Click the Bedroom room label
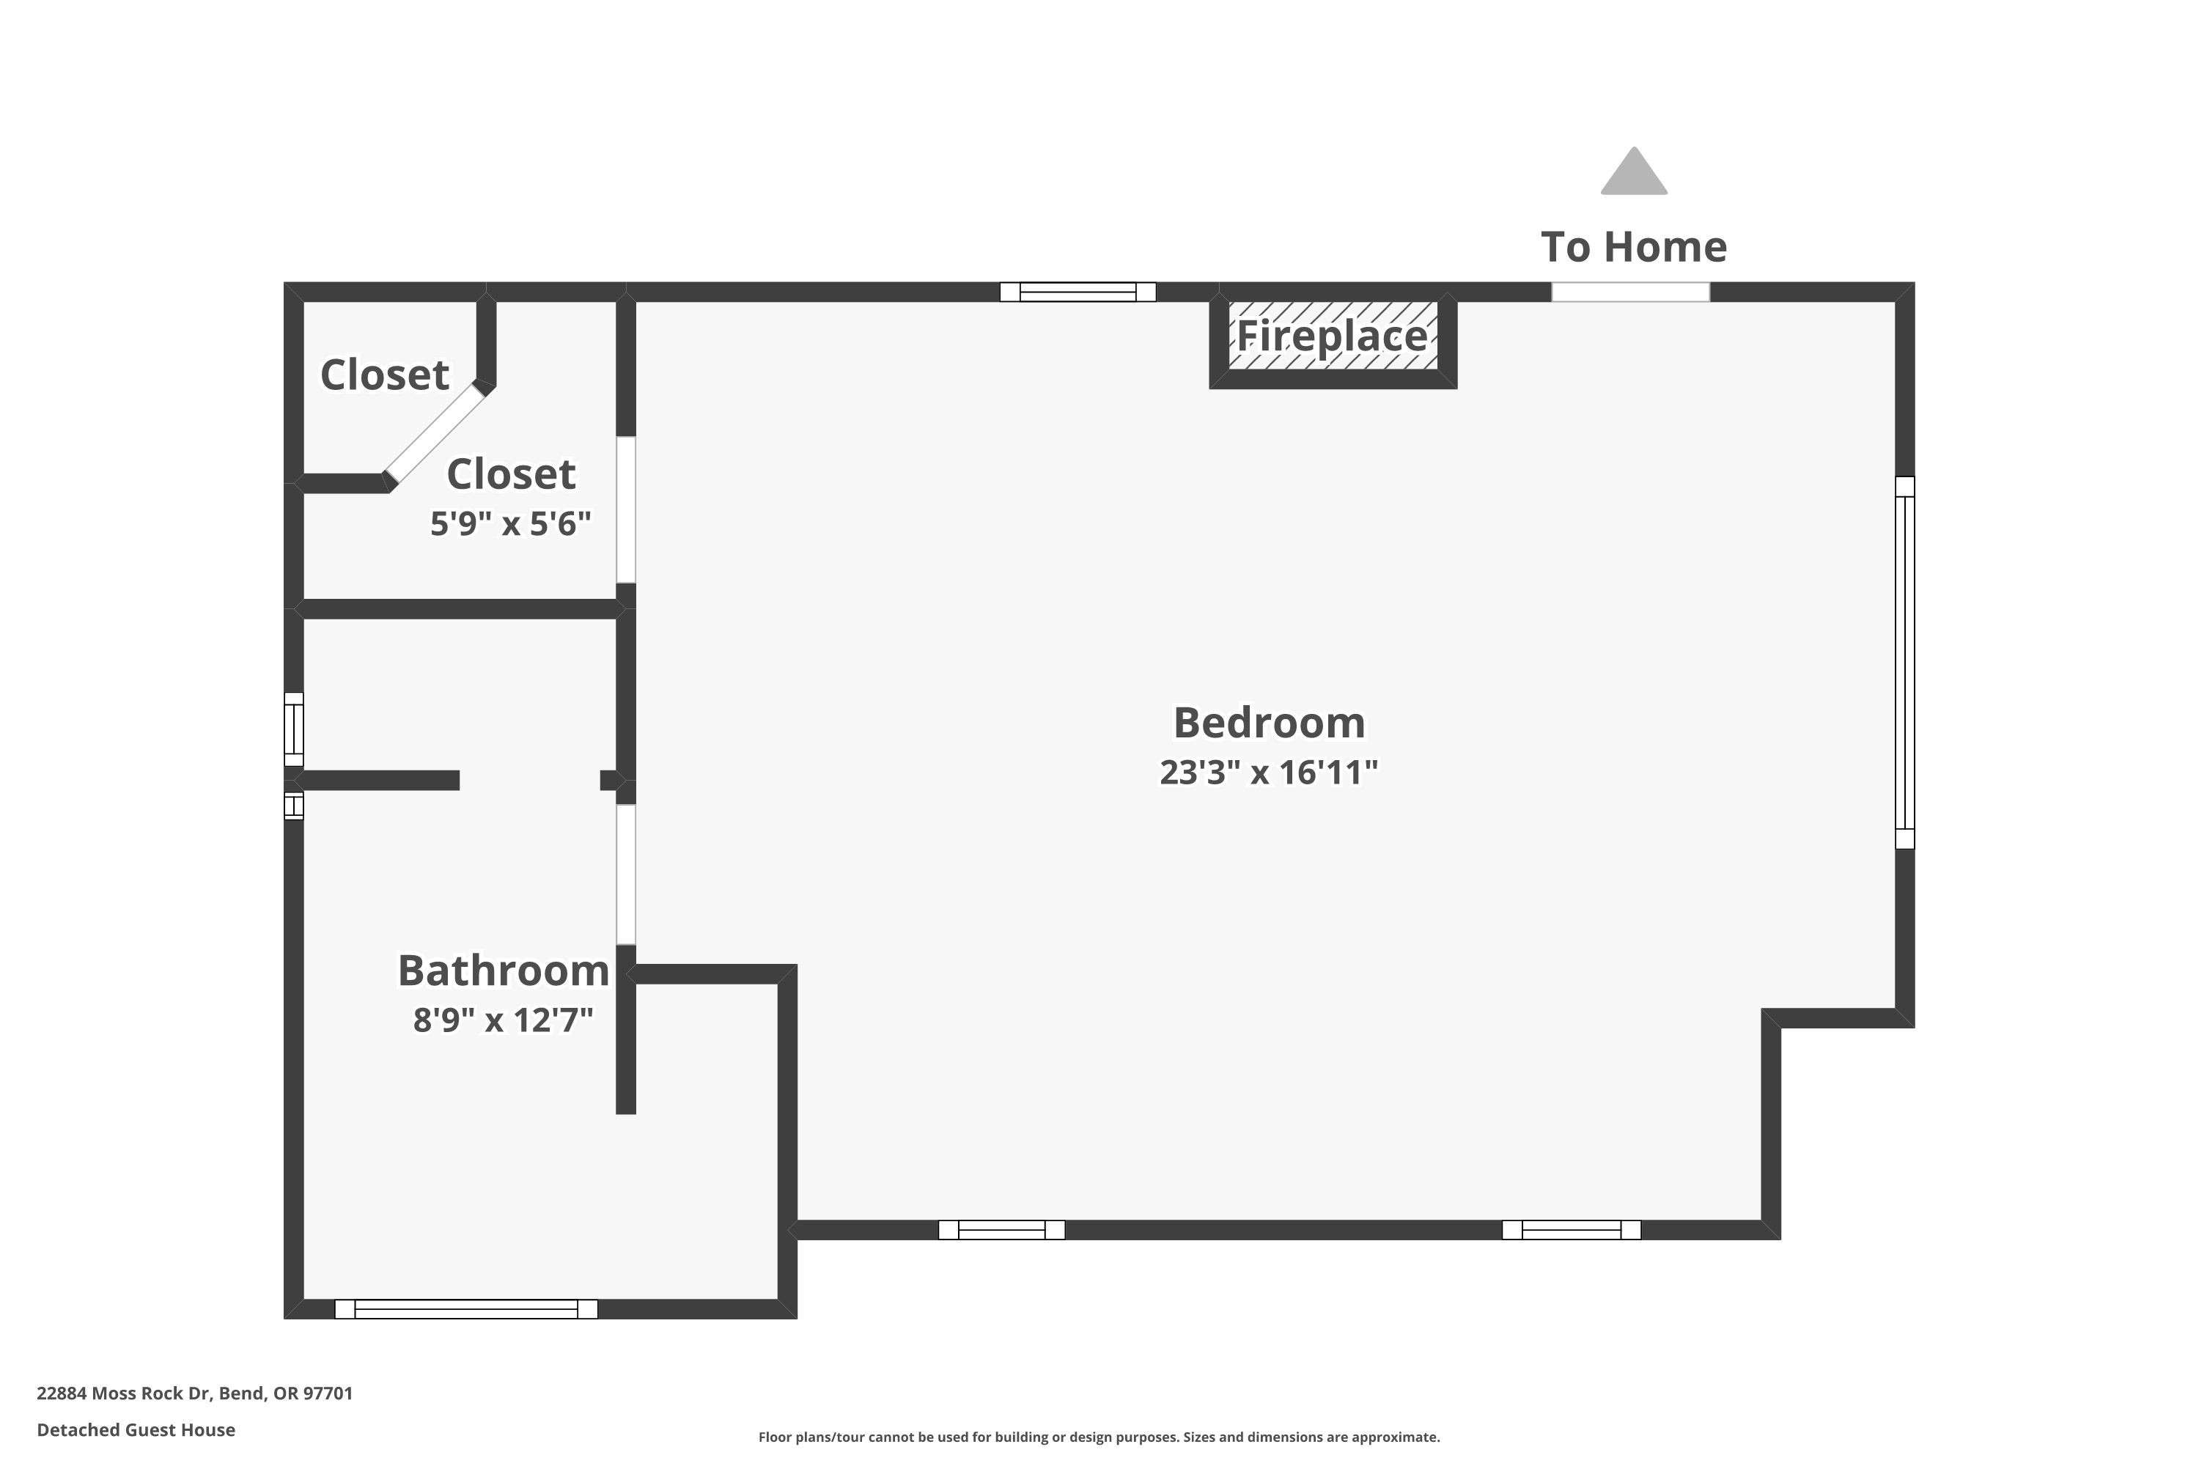coord(1269,723)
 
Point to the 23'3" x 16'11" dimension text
coord(1269,773)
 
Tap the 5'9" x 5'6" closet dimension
coord(510,523)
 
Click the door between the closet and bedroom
coord(625,509)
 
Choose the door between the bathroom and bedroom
coord(625,874)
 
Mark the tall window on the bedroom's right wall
coord(1904,663)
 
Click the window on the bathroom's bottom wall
coord(465,1309)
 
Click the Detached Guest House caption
coord(136,1429)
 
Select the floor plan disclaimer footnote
coord(1099,1437)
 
